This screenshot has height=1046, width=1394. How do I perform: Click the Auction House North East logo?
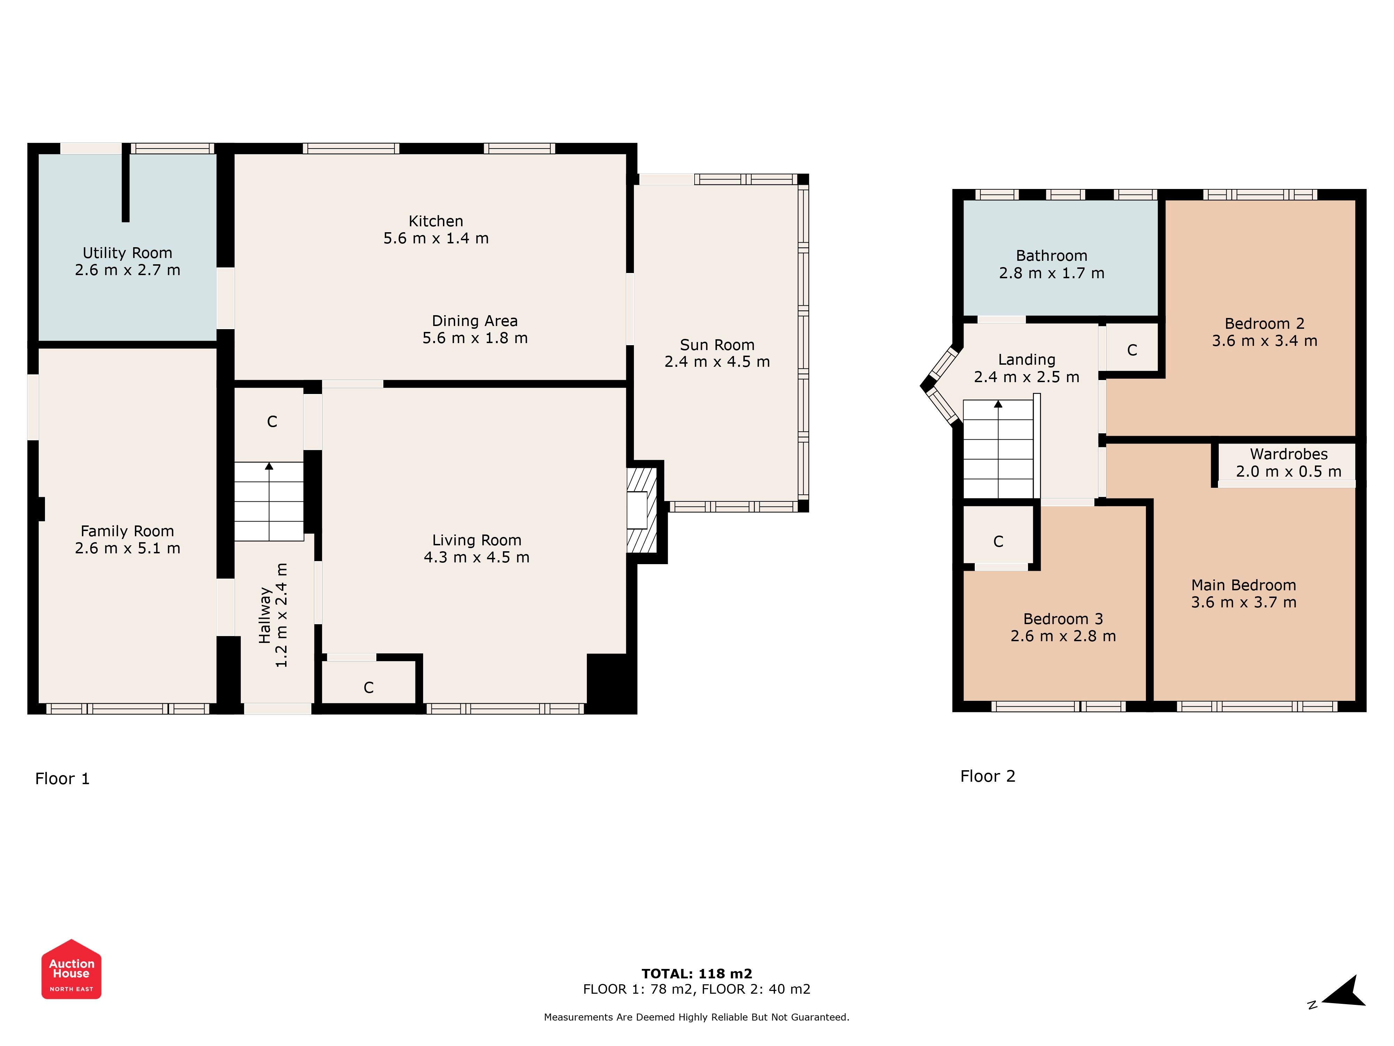coord(71,969)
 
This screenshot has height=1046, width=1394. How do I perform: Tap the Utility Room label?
coord(127,253)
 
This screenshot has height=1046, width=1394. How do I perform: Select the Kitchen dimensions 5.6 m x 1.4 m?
coord(436,238)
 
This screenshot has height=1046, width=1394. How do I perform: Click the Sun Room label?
coord(717,345)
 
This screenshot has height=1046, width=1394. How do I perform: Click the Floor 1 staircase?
coord(269,501)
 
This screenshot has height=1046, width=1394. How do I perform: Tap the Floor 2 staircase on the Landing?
coord(998,449)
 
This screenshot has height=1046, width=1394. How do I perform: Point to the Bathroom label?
coord(1052,256)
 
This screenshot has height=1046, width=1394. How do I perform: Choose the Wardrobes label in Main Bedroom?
coord(1289,454)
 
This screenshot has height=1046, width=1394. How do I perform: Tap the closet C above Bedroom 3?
coord(998,541)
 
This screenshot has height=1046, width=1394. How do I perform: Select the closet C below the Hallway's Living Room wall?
coord(369,688)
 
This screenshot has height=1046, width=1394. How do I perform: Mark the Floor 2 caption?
coord(988,776)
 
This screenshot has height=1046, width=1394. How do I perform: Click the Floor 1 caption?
coord(62,779)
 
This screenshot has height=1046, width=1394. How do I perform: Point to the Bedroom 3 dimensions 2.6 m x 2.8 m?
coord(1063,636)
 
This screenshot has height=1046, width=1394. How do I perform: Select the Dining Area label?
coord(475,321)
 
